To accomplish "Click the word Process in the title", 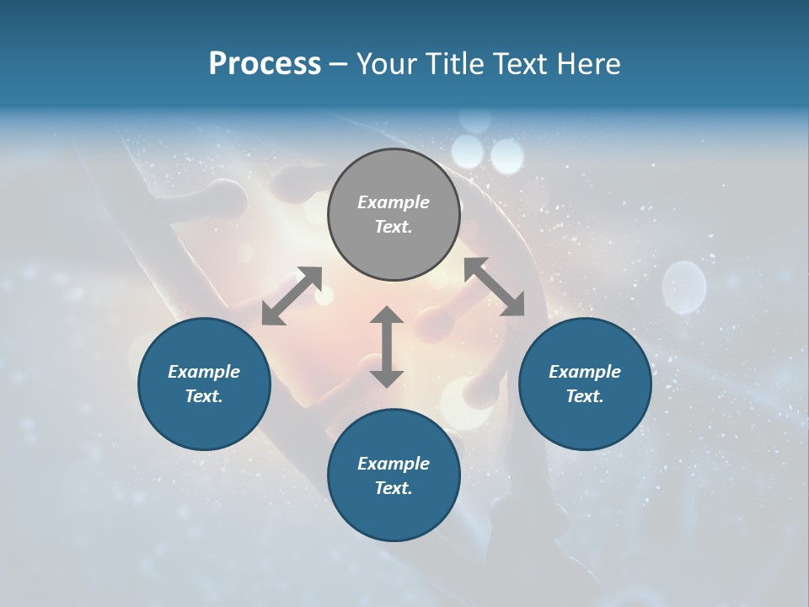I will [265, 64].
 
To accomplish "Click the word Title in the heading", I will [454, 64].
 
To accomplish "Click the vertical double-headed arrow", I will [387, 346].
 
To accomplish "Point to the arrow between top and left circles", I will [292, 296].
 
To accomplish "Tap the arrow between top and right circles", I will [494, 287].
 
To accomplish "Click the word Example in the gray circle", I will [394, 202].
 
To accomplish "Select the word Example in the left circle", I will [204, 372].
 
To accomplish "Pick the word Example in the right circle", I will [585, 372].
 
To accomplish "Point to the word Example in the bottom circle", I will [394, 464].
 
